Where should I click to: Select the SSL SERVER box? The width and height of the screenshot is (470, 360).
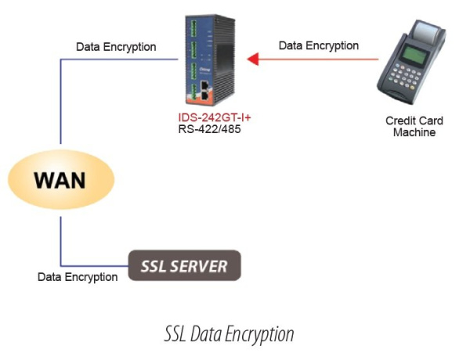click(x=184, y=265)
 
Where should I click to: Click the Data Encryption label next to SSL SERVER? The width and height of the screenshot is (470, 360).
click(x=78, y=276)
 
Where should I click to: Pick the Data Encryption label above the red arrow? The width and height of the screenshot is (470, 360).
click(x=319, y=45)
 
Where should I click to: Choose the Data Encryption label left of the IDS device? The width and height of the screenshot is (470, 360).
click(x=115, y=47)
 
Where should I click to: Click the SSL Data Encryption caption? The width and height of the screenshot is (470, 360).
click(x=229, y=334)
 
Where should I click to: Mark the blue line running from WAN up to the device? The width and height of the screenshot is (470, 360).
click(x=61, y=102)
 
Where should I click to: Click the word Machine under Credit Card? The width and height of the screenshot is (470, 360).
click(x=414, y=133)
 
